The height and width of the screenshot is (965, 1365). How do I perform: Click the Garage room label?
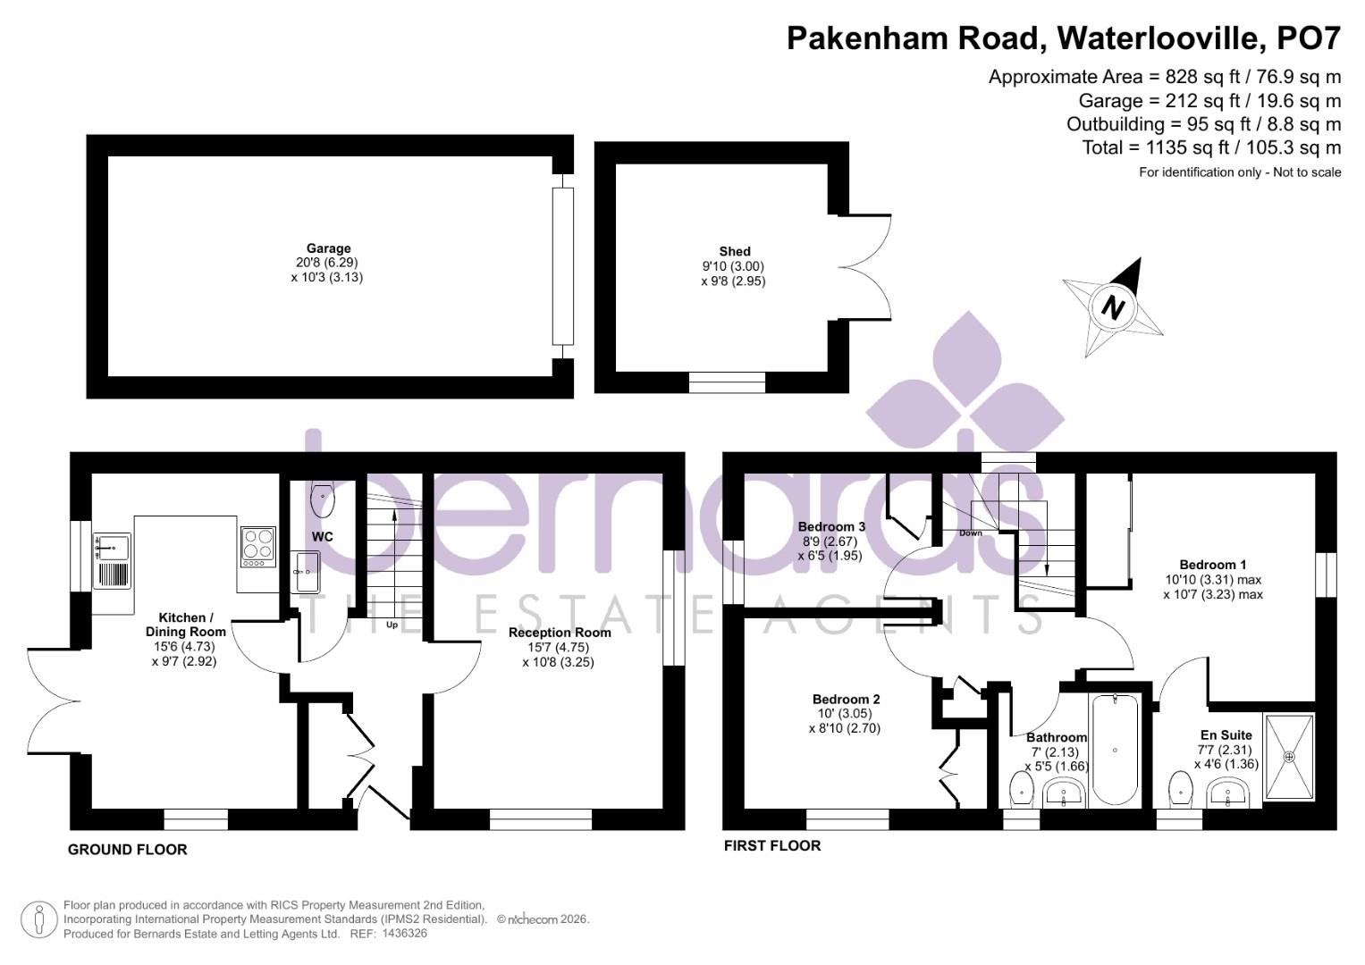coord(328,249)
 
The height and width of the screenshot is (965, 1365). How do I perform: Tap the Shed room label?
coord(734,252)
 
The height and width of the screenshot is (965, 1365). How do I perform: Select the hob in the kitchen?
coord(257,546)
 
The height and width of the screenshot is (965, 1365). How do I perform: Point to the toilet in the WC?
coord(323,500)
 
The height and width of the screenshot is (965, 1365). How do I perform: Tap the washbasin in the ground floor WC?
coord(305,572)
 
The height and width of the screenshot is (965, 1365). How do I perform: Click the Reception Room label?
coord(560,633)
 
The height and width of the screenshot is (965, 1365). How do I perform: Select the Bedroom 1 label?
coord(1212,565)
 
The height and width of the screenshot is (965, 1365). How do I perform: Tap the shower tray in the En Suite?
coord(1289,756)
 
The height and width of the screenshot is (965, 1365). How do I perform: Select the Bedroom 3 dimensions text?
coord(831,549)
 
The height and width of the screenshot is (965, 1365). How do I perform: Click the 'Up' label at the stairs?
coord(392,625)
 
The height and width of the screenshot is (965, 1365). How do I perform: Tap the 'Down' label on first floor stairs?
coord(970,533)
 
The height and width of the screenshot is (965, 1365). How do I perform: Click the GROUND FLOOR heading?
coord(128,850)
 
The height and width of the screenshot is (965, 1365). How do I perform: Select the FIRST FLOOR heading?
coord(771,845)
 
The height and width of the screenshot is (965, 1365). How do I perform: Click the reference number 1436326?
coord(404,933)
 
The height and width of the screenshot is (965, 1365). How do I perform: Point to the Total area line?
coord(1210,147)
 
